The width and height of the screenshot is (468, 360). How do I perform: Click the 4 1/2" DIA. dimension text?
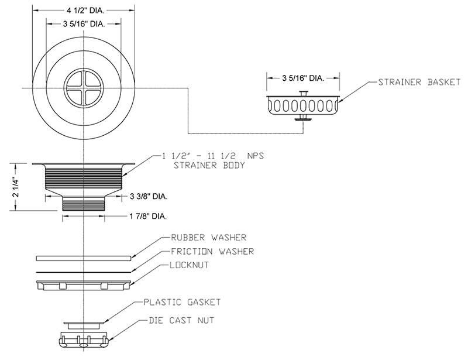point(85,10)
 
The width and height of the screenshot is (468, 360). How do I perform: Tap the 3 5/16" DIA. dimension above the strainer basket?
point(302,77)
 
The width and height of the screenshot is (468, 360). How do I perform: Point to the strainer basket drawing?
point(302,107)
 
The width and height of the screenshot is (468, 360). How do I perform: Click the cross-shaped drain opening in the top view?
point(85,87)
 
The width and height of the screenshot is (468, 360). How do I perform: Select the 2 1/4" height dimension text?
point(18,183)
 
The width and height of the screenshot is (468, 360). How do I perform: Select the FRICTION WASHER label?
point(212,252)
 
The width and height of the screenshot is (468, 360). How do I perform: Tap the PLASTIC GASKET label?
point(182,303)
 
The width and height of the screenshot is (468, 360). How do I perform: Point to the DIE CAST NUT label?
point(179,320)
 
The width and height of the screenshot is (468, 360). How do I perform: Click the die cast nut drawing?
point(85,340)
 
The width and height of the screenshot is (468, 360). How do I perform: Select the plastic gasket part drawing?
point(85,322)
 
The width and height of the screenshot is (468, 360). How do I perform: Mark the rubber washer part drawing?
point(85,258)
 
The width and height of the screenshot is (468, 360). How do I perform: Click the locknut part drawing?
point(85,284)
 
